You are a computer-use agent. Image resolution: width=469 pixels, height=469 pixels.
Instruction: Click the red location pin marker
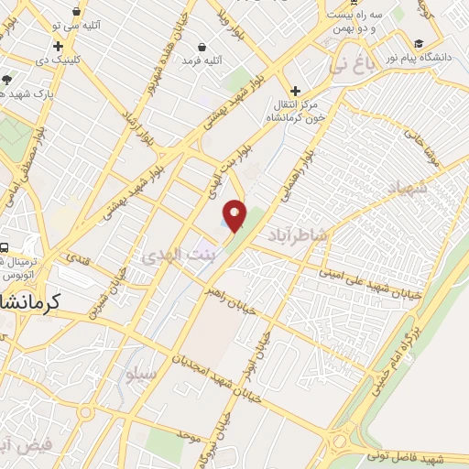tap(235, 216)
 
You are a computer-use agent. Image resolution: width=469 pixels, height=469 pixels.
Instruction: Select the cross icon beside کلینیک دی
tap(59, 46)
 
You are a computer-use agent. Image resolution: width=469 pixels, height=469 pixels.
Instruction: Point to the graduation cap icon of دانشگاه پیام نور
tap(419, 44)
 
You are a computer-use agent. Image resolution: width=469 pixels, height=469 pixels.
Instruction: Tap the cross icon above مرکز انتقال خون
tap(295, 91)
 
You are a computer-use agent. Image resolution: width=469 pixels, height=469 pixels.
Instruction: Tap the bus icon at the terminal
tap(5, 247)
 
